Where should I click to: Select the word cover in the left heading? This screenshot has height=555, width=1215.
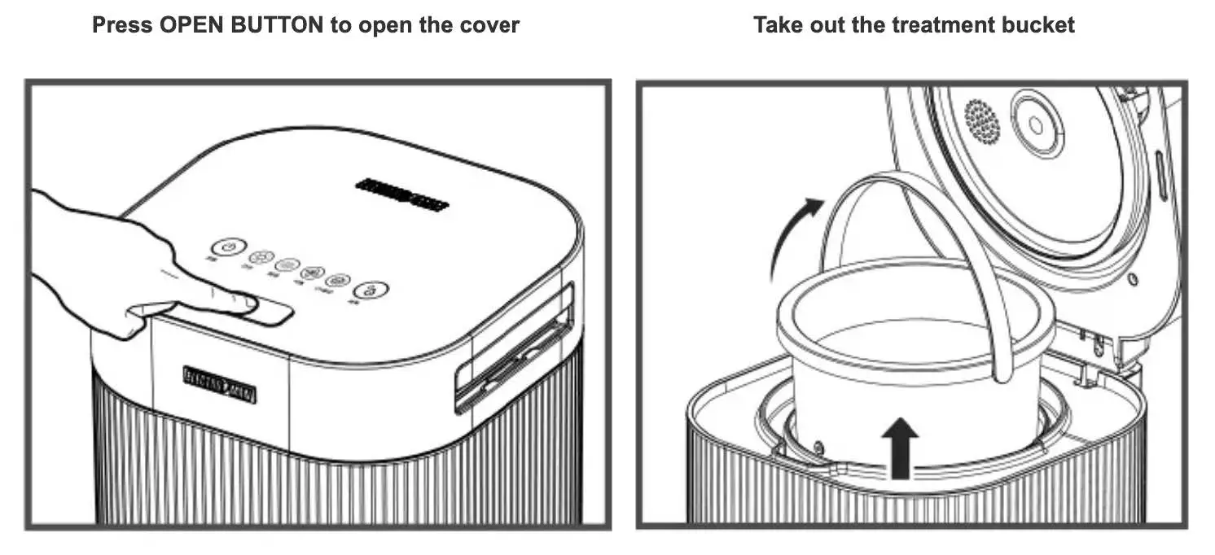[485, 24]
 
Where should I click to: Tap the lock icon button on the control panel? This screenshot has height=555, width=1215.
[371, 291]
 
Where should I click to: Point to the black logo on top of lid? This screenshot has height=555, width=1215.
[402, 195]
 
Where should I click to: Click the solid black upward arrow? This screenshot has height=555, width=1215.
[900, 447]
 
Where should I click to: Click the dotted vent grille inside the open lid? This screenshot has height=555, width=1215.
[983, 121]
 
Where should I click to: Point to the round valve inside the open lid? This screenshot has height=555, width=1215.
[1036, 125]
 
